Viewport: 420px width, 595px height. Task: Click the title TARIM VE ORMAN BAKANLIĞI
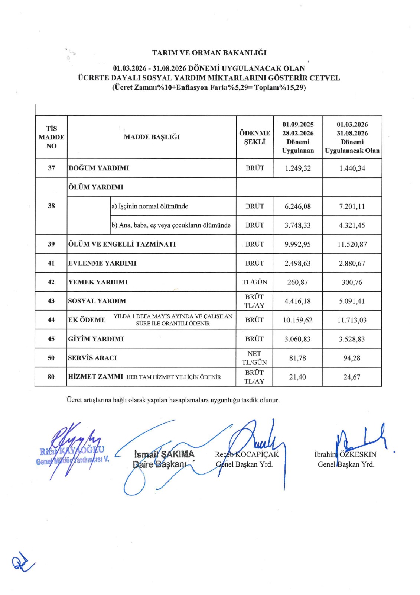pyautogui.click(x=209, y=53)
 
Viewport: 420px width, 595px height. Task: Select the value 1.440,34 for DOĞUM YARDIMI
pyautogui.click(x=352, y=168)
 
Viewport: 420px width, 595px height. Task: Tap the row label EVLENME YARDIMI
pyautogui.click(x=102, y=263)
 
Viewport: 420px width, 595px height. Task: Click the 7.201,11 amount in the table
pyautogui.click(x=352, y=206)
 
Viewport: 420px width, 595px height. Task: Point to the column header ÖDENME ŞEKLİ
pyautogui.click(x=254, y=137)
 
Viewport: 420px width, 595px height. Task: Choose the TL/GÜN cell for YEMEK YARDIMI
pyautogui.click(x=254, y=282)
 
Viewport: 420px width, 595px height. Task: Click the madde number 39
pyautogui.click(x=51, y=244)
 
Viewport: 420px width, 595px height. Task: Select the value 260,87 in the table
pyautogui.click(x=297, y=282)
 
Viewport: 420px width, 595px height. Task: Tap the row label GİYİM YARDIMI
pyautogui.click(x=96, y=339)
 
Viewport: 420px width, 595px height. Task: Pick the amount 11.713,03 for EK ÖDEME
pyautogui.click(x=352, y=320)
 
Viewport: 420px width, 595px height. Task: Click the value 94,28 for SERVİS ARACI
pyautogui.click(x=352, y=358)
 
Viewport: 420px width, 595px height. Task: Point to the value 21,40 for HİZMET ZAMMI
pyautogui.click(x=297, y=377)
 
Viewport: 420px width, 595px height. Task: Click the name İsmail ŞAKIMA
pyautogui.click(x=164, y=454)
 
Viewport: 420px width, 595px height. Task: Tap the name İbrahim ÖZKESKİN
pyautogui.click(x=345, y=454)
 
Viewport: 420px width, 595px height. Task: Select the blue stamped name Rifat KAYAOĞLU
pyautogui.click(x=72, y=451)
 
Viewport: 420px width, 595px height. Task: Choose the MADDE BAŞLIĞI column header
pyautogui.click(x=152, y=137)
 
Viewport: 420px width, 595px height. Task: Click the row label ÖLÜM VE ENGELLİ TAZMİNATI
pyautogui.click(x=122, y=244)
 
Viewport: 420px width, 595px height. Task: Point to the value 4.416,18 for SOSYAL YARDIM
pyautogui.click(x=297, y=301)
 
